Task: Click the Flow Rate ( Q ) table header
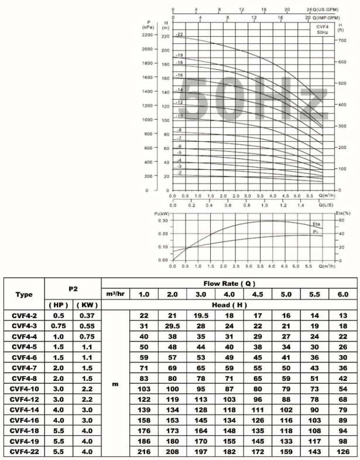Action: click(x=229, y=282)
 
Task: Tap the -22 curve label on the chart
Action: click(x=180, y=35)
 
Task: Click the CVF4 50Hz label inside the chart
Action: click(x=322, y=29)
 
